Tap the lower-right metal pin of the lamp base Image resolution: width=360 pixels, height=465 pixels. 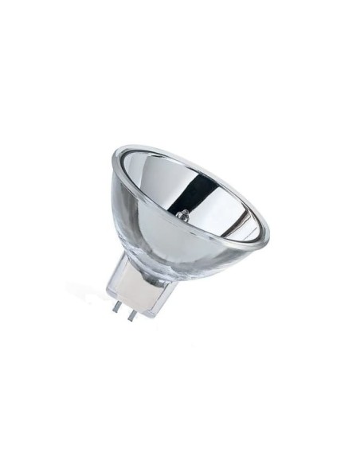pyautogui.click(x=131, y=312)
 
